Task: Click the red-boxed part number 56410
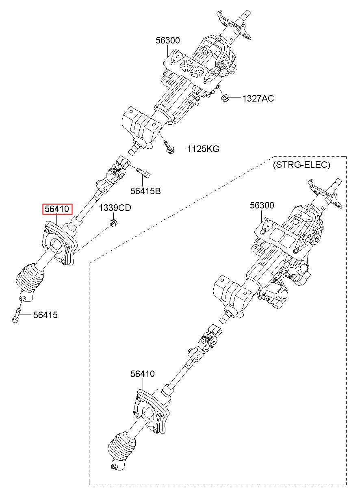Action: (x=57, y=209)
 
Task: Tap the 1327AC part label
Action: (x=258, y=98)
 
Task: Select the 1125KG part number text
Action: (x=203, y=149)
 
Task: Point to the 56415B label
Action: (x=145, y=191)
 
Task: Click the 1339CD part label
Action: (x=115, y=208)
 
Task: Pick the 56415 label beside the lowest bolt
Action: (x=46, y=315)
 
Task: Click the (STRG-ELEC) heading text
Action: (x=301, y=165)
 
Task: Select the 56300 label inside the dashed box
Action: (x=262, y=205)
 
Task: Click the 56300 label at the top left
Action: (x=168, y=40)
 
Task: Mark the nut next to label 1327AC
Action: (x=225, y=98)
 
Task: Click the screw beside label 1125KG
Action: (x=169, y=147)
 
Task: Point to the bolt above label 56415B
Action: (x=143, y=172)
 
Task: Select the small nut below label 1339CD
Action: (x=113, y=223)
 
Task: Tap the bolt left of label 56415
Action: (x=16, y=315)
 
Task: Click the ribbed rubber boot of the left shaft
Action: (x=30, y=277)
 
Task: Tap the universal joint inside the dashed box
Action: (x=208, y=342)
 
